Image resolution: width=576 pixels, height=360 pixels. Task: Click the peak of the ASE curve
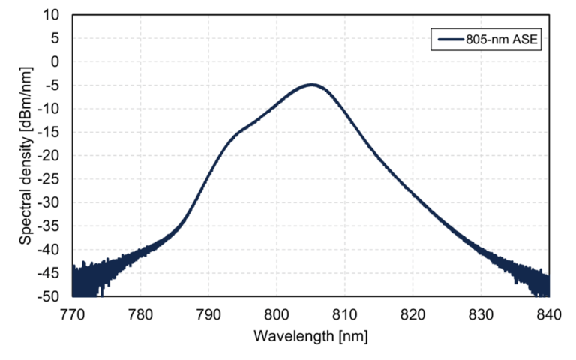point(311,85)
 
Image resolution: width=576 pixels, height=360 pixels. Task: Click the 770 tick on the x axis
point(72,312)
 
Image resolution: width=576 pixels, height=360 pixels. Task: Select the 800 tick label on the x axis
point(277,312)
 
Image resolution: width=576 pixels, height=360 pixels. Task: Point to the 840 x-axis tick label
point(549,312)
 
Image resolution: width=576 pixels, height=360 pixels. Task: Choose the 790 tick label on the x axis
point(208,312)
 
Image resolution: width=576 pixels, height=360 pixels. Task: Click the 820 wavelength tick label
point(412,312)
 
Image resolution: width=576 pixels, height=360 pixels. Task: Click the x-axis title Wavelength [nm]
point(310,335)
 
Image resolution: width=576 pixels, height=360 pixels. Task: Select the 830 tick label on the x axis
point(481,312)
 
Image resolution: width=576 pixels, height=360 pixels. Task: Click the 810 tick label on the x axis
point(345,312)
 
